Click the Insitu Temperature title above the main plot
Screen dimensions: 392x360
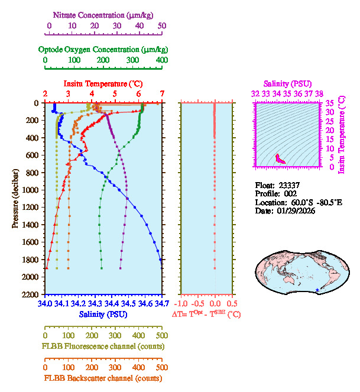tap(103, 83)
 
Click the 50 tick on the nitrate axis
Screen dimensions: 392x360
tap(162, 26)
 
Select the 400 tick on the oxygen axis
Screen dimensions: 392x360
tap(161, 60)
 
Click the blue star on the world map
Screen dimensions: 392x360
tap(318, 289)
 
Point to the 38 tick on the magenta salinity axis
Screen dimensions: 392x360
tap(319, 93)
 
